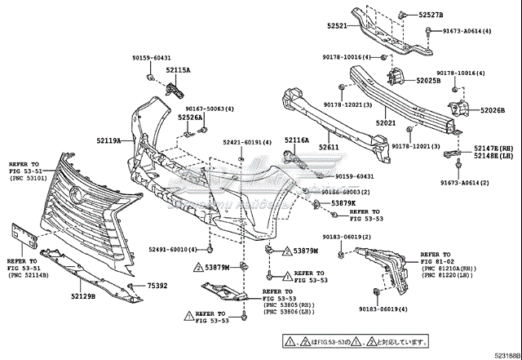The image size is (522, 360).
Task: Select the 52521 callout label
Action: (x=338, y=26)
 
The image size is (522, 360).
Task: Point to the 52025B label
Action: (x=427, y=81)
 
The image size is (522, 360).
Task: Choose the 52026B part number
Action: (x=492, y=110)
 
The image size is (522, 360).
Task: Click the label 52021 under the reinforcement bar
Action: (x=385, y=123)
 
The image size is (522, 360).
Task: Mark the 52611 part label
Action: (x=329, y=147)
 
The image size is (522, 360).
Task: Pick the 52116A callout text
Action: (x=297, y=140)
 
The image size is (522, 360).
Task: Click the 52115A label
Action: (x=177, y=70)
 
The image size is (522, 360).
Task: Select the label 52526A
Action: (x=190, y=117)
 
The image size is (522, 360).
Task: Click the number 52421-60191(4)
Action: (x=247, y=143)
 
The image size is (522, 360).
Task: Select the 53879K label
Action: (x=343, y=202)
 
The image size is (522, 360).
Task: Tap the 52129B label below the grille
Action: (x=82, y=296)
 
